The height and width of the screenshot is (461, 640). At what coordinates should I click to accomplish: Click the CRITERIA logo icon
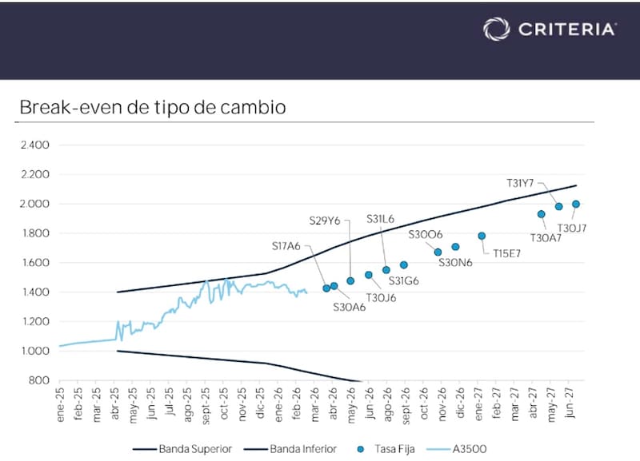point(496,29)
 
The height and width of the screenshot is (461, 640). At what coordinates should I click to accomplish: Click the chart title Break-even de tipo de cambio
point(152,107)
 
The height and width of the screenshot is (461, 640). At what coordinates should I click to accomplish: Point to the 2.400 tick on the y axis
point(34,145)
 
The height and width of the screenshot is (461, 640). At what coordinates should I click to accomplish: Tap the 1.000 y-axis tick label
point(34,351)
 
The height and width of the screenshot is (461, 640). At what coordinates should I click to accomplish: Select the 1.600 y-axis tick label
point(34,263)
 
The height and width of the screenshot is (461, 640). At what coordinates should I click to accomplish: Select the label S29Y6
point(326,220)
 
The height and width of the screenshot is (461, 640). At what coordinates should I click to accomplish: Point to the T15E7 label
point(507,254)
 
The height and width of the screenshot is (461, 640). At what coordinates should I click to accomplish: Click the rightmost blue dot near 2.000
point(576,205)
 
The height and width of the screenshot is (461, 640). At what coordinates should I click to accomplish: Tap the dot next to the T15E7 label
point(482,236)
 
